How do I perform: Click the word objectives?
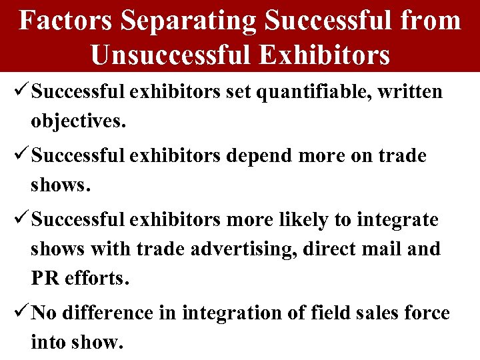pos(77,123)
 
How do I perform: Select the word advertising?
pos(245,249)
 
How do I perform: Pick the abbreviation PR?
pos(44,278)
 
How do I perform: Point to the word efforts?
pos(95,278)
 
